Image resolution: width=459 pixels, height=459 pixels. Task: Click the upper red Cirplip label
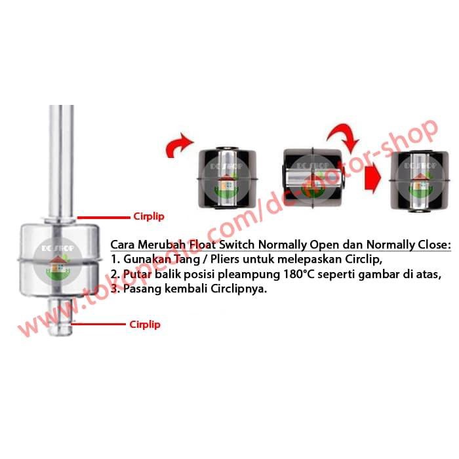tap(149, 216)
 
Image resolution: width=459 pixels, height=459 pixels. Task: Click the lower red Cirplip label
tap(145, 325)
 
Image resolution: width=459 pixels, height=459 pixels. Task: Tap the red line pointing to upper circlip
tap(104, 218)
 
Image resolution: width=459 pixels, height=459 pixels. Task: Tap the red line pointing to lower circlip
tap(98, 324)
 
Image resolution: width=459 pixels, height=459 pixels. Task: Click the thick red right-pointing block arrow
tap(372, 178)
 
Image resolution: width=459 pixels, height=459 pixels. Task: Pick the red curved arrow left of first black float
tap(179, 145)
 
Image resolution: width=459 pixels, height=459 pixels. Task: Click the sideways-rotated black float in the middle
tap(313, 178)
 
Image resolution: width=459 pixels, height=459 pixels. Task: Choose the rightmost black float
tap(420, 180)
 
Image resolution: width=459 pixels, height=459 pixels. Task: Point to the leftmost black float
tap(227, 178)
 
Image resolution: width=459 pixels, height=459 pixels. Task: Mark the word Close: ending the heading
tap(434, 245)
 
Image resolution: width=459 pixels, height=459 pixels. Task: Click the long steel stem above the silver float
tap(61, 161)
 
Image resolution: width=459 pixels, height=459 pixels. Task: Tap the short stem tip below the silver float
tap(60, 317)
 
